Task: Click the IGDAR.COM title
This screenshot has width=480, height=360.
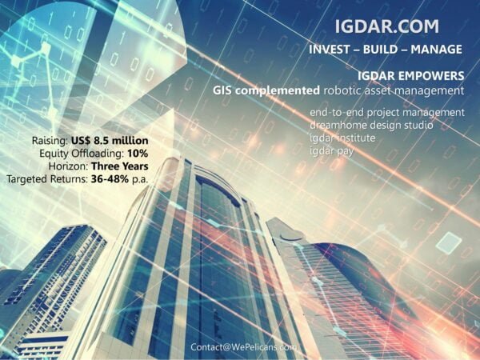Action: point(387,26)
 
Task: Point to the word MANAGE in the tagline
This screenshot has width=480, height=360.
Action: point(436,50)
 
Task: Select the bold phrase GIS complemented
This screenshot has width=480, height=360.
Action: point(266,90)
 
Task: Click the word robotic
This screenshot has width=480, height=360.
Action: point(340,90)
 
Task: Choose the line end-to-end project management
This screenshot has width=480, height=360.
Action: point(387,113)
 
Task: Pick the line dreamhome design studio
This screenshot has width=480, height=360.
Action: point(371,126)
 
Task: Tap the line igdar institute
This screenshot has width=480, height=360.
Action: point(342,138)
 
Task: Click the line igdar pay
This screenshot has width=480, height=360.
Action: point(331,151)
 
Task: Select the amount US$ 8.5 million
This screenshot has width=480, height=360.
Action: point(110,141)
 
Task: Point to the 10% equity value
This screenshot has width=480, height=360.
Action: point(138,153)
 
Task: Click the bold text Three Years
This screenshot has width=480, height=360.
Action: point(120,166)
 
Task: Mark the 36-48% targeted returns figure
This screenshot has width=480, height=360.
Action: point(110,178)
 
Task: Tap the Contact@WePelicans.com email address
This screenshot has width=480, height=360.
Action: point(243,347)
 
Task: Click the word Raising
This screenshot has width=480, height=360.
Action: point(50,141)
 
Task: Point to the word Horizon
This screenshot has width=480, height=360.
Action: point(68,166)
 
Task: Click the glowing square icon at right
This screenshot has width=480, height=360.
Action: point(449,242)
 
